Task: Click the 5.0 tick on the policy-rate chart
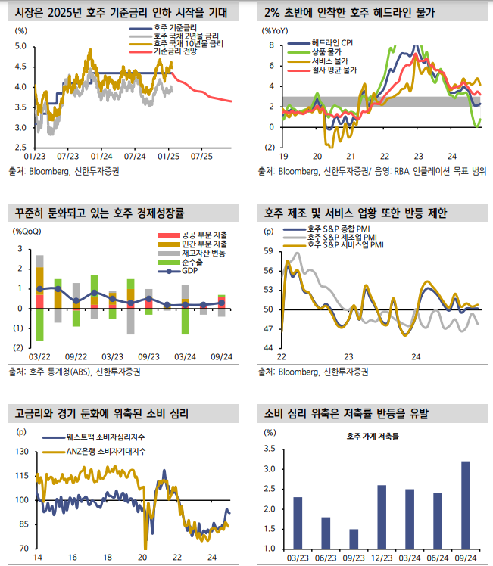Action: [20, 46]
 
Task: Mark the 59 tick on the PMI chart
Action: [268, 250]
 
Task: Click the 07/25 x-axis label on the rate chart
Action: [201, 156]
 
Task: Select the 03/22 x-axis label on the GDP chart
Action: [39, 356]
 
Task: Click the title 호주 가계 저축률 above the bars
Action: [373, 437]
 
